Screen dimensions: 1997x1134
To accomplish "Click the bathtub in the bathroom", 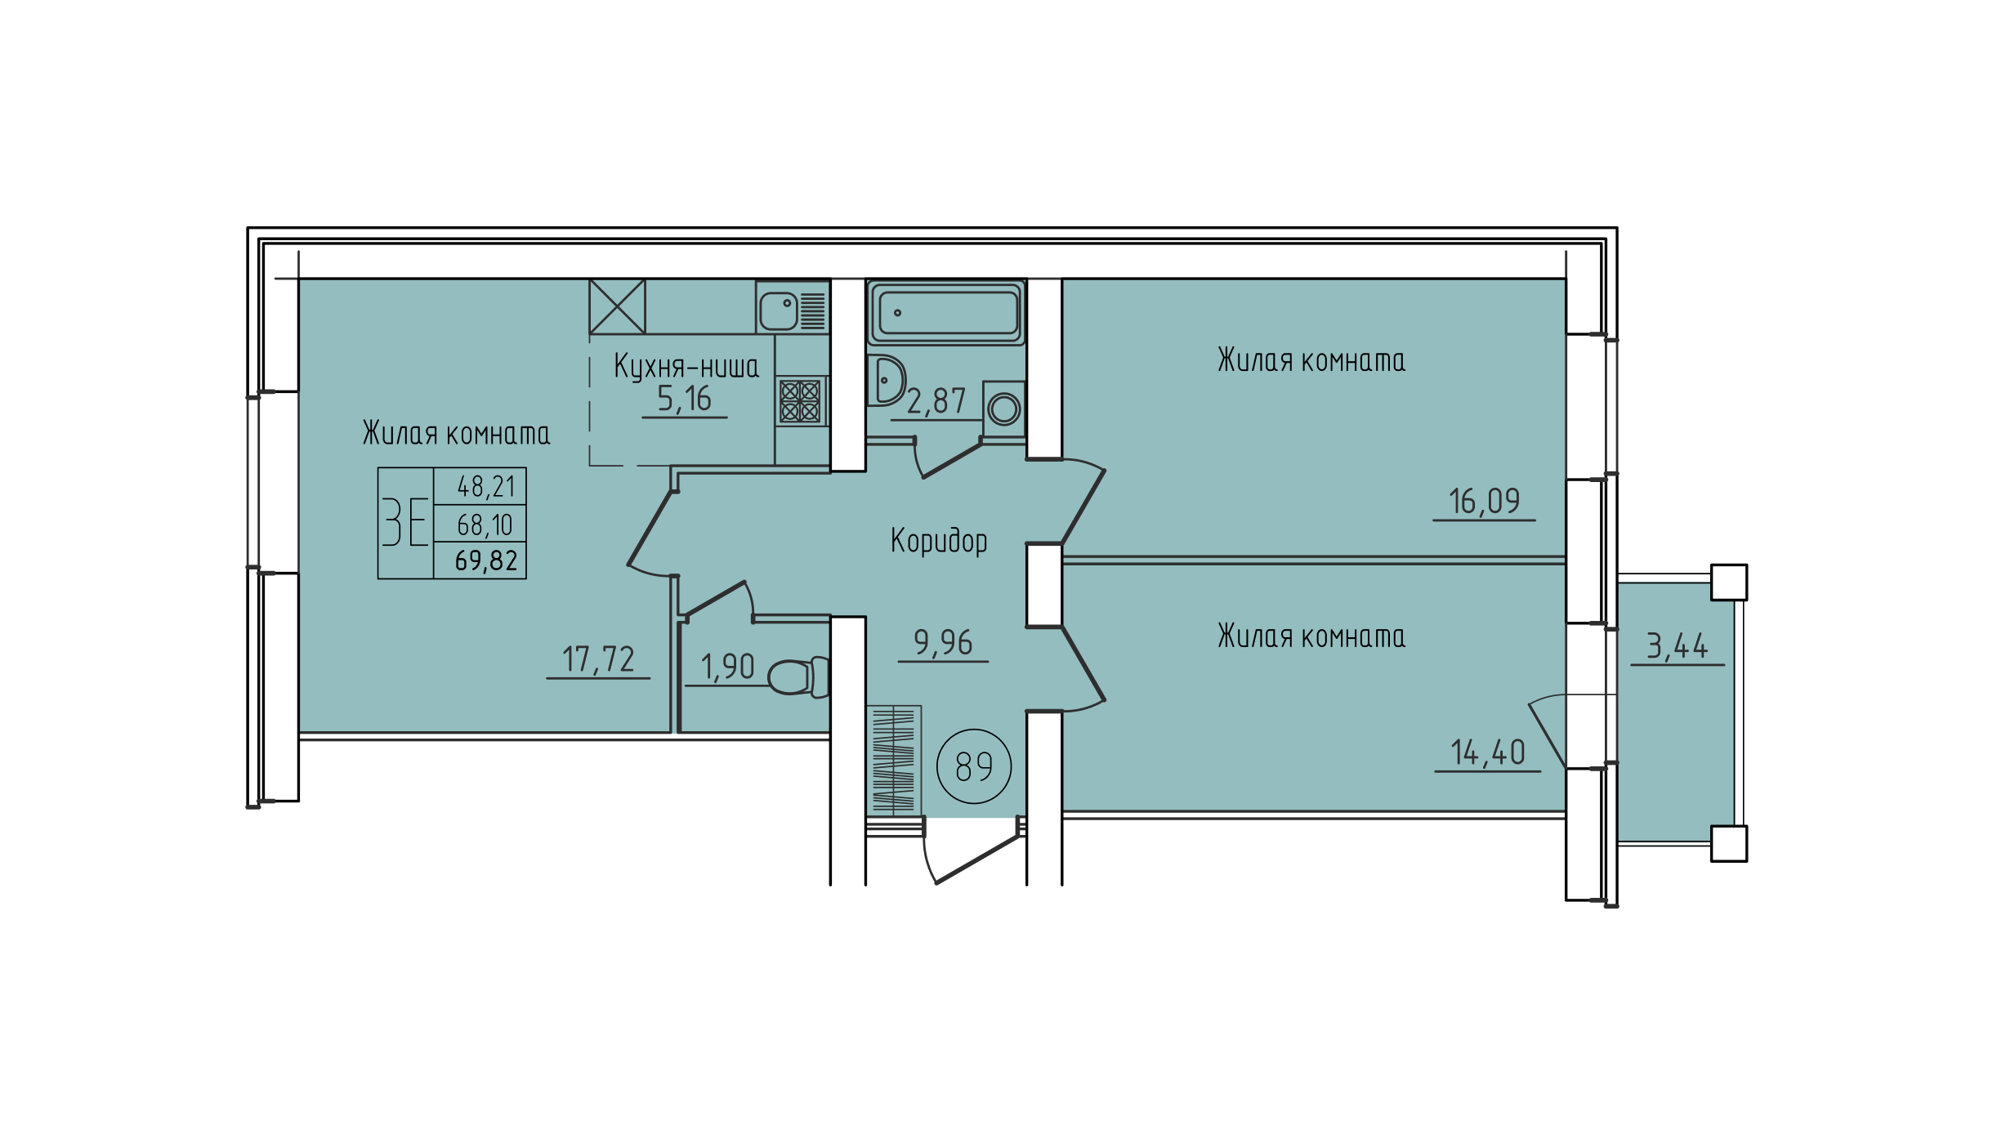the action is click(946, 312).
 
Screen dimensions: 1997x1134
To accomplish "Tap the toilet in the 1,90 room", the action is click(798, 676).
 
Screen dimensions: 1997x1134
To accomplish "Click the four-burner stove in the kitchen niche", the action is click(800, 401).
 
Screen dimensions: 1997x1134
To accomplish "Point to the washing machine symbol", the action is click(1003, 409).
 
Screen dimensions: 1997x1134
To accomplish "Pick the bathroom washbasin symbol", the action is click(887, 381).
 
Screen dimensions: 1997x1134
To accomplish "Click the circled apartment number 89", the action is click(974, 766).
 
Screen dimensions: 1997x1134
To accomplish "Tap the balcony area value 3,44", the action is click(1677, 647).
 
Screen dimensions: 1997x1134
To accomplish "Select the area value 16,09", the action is click(1484, 502).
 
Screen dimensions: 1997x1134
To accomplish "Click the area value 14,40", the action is click(1487, 752).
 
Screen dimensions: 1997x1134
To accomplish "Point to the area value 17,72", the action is click(598, 659).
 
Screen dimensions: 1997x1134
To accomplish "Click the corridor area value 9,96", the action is click(943, 643).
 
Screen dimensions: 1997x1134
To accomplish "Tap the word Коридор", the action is click(939, 542).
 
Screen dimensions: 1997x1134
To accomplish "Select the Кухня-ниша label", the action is click(686, 367).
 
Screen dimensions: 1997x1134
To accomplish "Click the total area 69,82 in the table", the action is click(486, 561).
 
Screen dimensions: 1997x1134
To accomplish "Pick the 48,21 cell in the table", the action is click(486, 487).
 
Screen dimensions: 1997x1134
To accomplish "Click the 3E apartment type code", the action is click(405, 522).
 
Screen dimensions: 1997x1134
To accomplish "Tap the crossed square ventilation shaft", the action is click(618, 306).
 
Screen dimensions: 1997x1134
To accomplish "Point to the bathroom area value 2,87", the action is click(936, 401).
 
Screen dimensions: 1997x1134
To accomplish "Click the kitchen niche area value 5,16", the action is click(684, 400).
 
